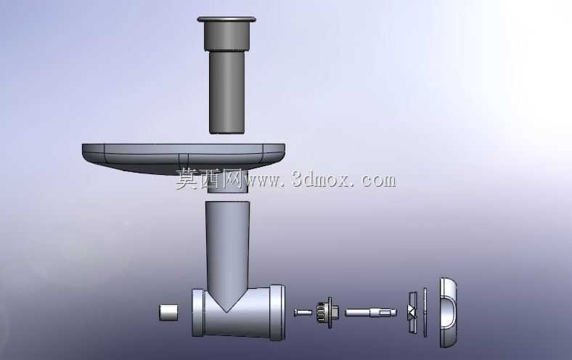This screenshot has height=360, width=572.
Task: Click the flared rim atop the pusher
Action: coord(226,19)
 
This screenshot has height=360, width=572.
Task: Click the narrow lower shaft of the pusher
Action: coord(227,92)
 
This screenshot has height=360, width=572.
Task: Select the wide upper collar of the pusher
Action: coord(227,36)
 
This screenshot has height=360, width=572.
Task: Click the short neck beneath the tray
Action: coord(228,181)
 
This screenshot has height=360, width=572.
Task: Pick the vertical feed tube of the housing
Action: coord(228,248)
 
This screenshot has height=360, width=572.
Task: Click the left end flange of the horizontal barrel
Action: coord(197,313)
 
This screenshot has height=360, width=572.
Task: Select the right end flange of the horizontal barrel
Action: coord(277,313)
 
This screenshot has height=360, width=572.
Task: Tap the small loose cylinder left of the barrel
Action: coord(169,312)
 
